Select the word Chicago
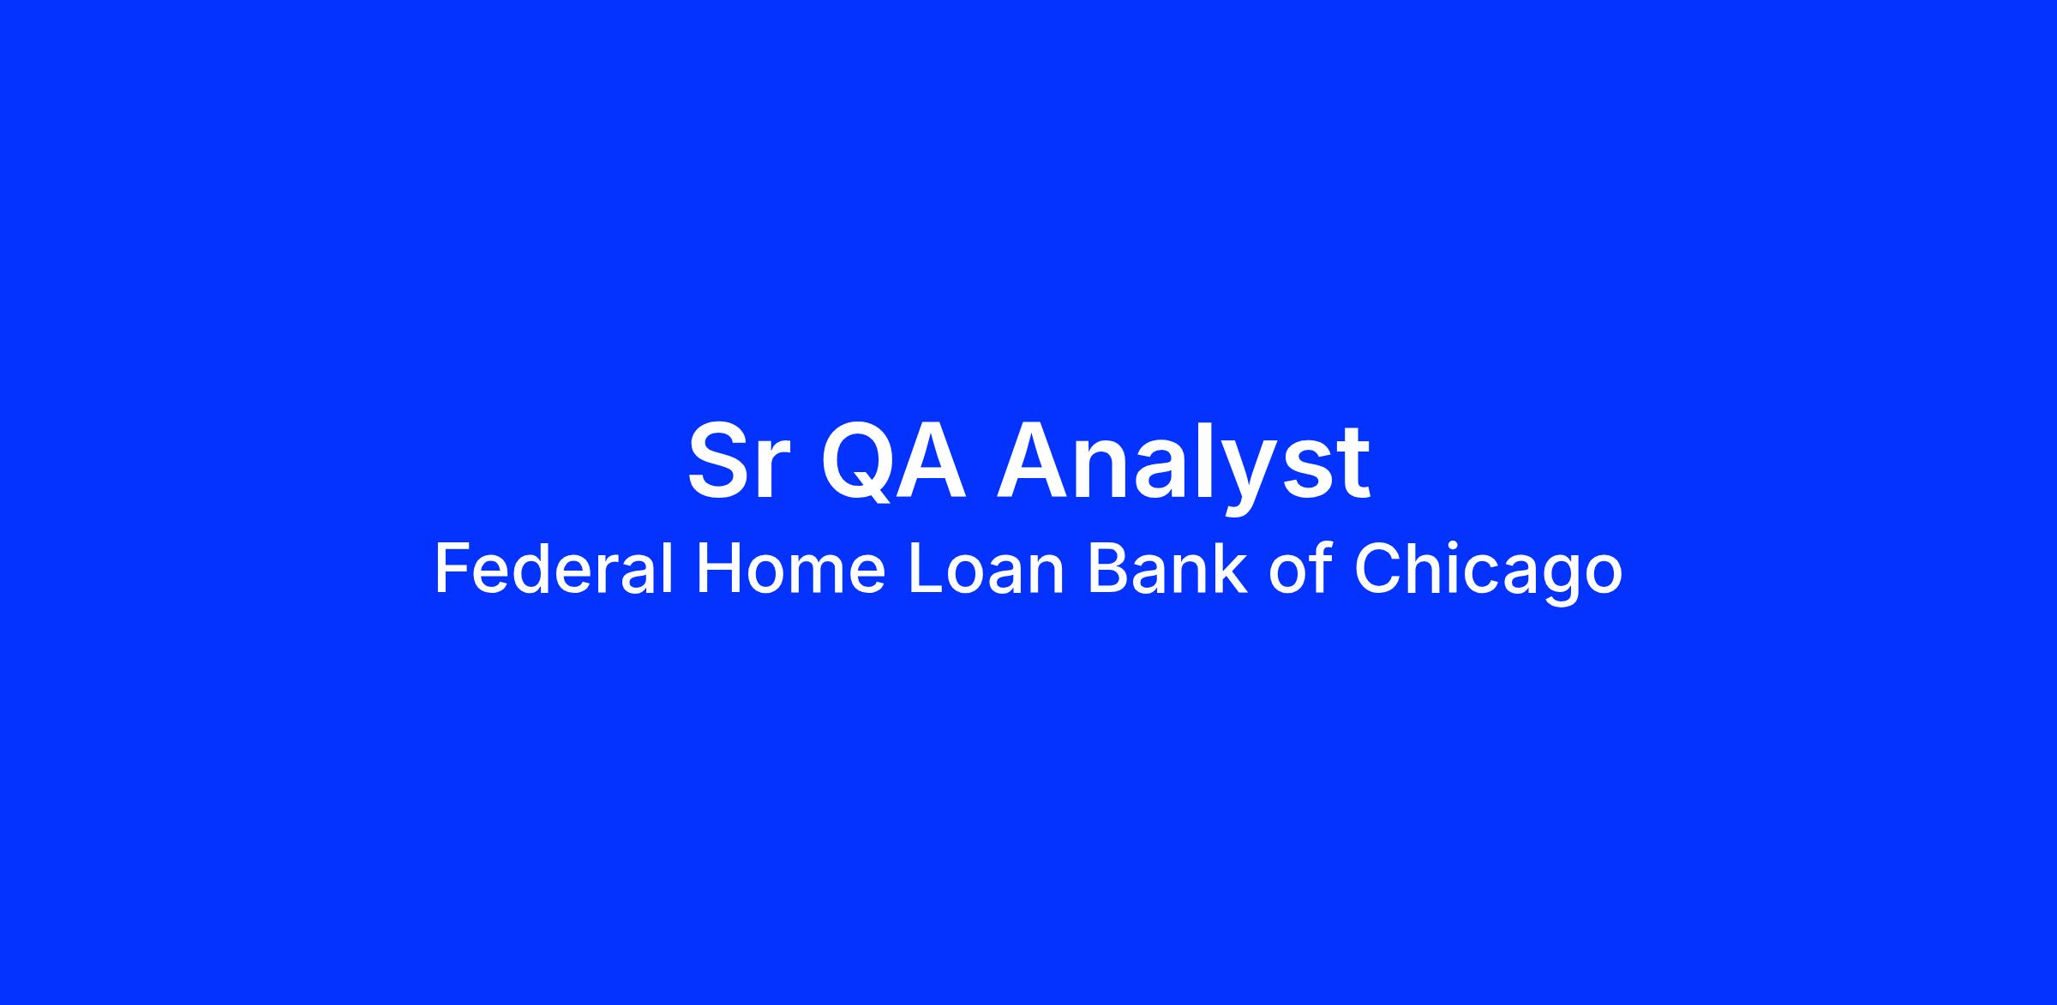point(1488,574)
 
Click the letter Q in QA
point(859,463)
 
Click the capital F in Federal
point(452,570)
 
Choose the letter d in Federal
point(536,570)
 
